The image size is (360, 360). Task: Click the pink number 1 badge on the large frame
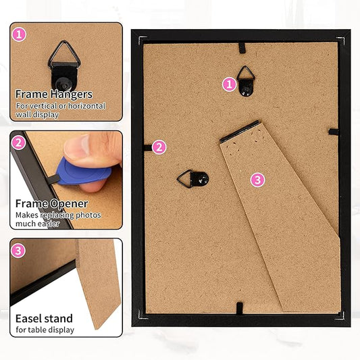229,84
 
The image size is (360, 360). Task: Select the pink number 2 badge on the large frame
159,147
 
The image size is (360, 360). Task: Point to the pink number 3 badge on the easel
257,180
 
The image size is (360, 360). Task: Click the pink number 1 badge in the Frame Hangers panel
19,34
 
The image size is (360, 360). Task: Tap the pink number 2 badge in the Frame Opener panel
18,143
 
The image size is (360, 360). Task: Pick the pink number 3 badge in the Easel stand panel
18,251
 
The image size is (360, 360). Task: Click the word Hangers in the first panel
72,95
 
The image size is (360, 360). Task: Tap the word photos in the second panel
88,215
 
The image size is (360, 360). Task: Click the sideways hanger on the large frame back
193,179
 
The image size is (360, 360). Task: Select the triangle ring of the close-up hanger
64,55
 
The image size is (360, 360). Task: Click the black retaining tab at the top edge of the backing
242,48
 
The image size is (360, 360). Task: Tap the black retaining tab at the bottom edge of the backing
240,309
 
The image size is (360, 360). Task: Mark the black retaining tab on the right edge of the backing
334,132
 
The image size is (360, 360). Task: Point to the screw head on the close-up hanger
63,85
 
